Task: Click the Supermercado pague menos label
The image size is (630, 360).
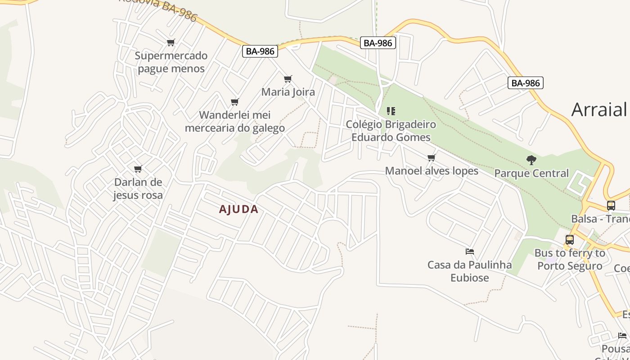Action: [171, 62]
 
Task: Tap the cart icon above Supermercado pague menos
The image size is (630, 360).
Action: [171, 43]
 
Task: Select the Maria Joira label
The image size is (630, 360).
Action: [288, 92]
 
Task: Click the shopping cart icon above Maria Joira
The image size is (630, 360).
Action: [288, 79]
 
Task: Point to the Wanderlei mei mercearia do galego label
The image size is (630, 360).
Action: [234, 121]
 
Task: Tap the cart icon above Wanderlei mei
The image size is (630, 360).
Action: [234, 102]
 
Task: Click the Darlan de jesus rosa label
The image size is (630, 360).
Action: [138, 189]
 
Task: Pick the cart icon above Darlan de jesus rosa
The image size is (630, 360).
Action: [138, 169]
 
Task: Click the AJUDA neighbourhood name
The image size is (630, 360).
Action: [238, 209]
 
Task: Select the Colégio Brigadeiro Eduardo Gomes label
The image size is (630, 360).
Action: [391, 130]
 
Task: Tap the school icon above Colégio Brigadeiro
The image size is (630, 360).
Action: [391, 111]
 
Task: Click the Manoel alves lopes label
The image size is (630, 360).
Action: [432, 171]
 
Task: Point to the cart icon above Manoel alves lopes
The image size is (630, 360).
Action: [432, 157]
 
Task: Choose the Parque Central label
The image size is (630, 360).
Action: [531, 173]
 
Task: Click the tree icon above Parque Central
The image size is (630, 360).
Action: [531, 160]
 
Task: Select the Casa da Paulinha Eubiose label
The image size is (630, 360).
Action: [469, 271]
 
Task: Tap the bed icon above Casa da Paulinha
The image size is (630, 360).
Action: [470, 252]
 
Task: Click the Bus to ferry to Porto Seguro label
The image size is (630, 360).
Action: [570, 259]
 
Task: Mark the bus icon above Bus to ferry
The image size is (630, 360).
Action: [570, 240]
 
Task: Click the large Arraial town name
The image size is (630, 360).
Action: [600, 109]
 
